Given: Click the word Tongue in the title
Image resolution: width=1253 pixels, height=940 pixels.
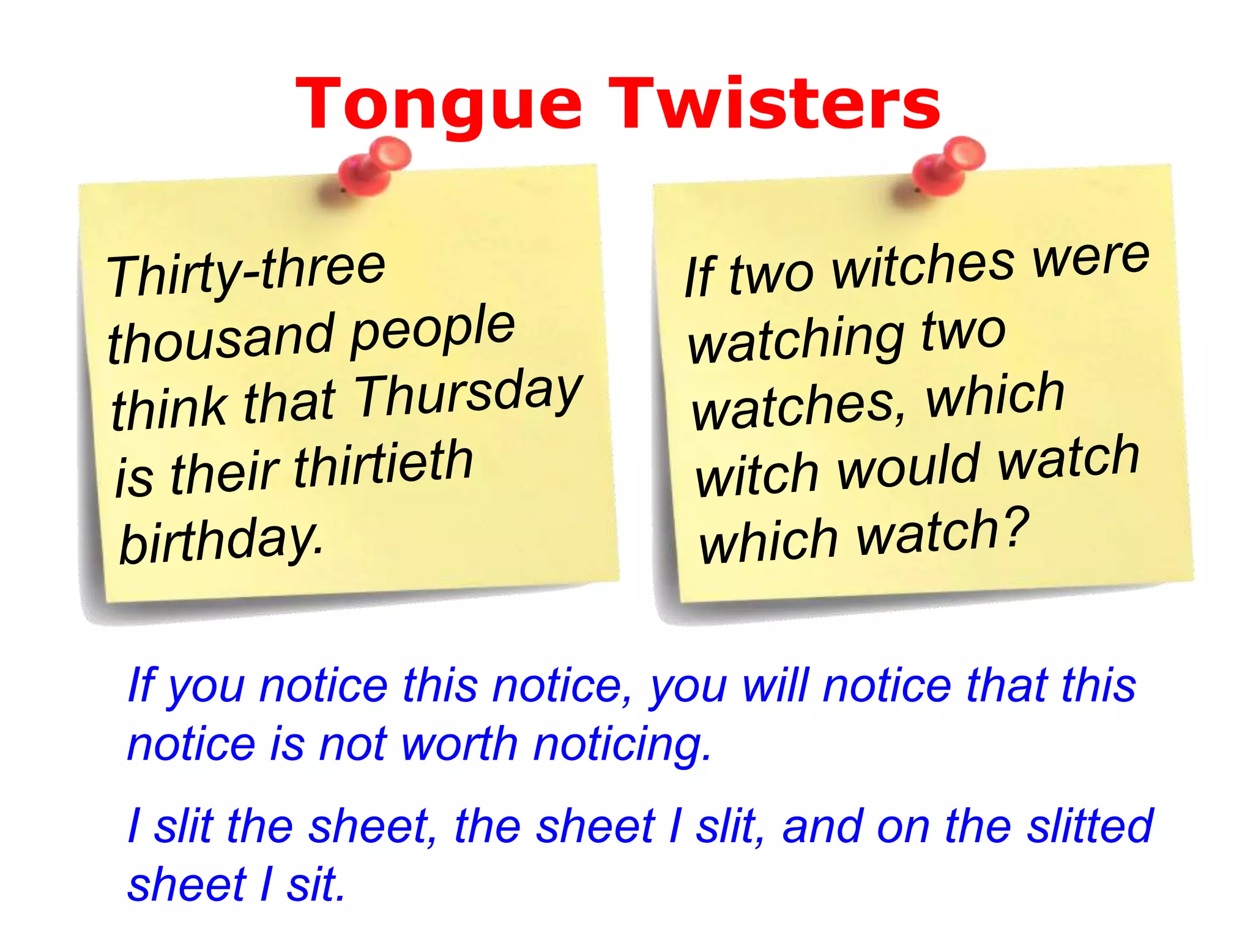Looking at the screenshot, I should coord(438,105).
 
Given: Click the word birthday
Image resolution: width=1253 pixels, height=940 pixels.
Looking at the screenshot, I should coord(220,541).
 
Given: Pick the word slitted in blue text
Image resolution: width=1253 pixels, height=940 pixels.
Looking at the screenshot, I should coord(1090,826).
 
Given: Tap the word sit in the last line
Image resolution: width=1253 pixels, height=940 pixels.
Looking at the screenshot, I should coord(315,885).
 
